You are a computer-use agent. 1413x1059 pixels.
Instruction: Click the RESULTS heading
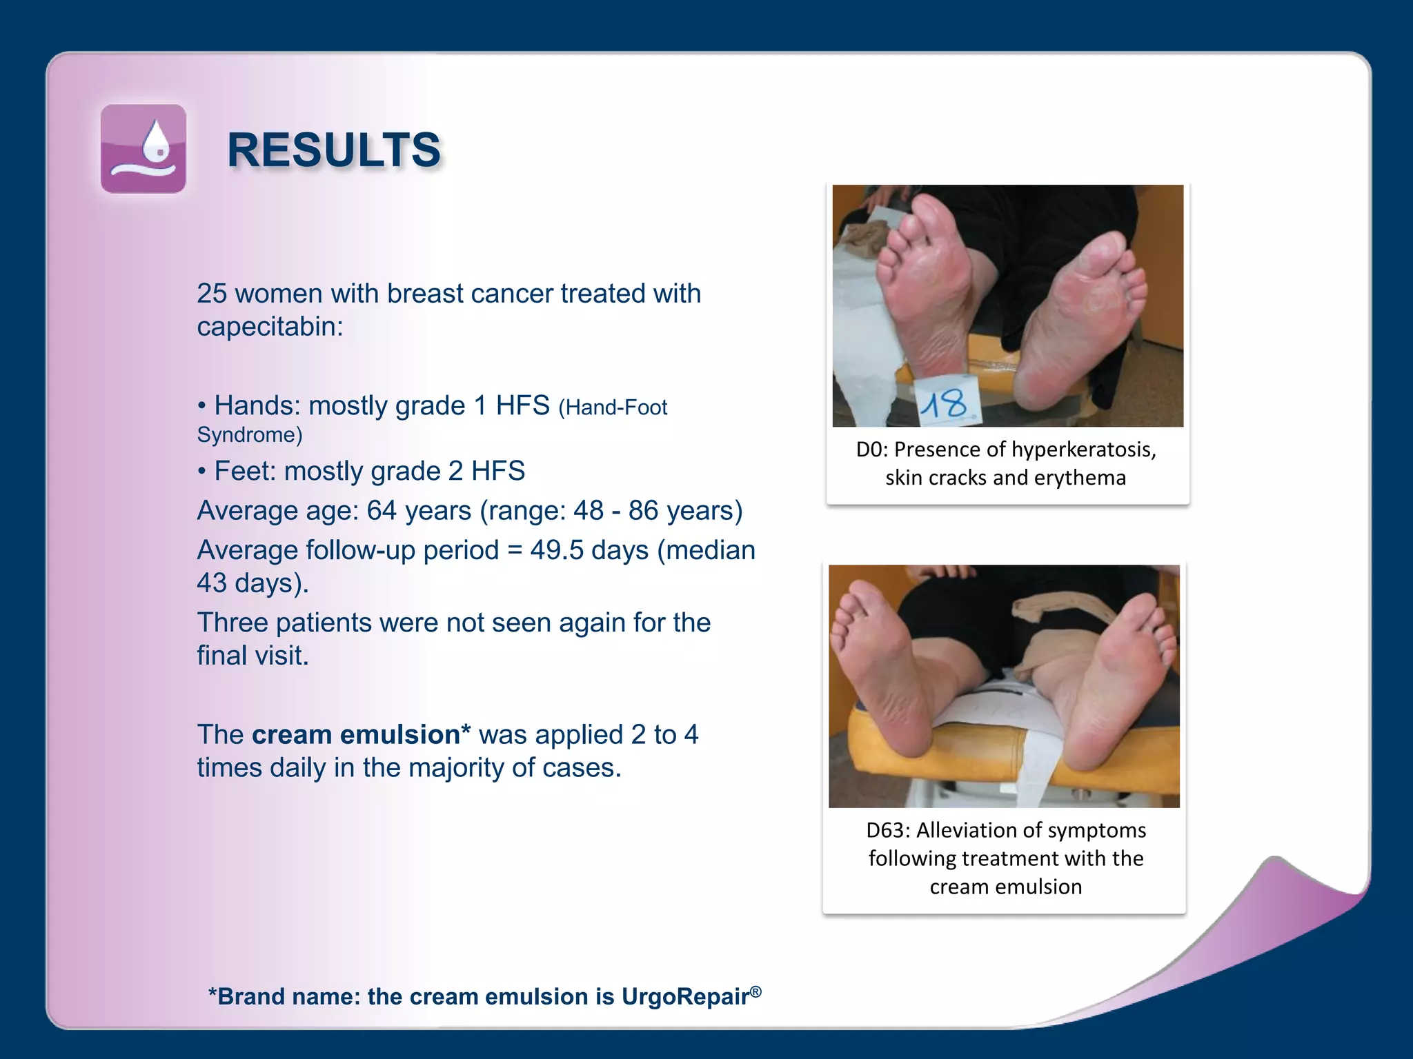point(334,150)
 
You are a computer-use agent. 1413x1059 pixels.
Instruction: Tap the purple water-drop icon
point(144,149)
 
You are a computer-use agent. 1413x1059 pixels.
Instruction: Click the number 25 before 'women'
point(211,294)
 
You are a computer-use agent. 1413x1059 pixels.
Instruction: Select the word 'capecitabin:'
point(270,327)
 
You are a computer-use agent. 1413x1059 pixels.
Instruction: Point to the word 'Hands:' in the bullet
point(257,405)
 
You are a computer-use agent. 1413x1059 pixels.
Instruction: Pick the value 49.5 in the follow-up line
point(555,550)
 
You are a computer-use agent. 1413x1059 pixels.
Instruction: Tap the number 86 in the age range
point(643,511)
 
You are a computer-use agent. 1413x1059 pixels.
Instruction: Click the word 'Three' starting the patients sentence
point(233,623)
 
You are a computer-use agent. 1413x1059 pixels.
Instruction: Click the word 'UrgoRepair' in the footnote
point(685,997)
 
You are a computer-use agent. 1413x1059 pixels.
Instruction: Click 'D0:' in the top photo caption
point(871,450)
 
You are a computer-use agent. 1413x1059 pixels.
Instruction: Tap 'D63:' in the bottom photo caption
point(888,830)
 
